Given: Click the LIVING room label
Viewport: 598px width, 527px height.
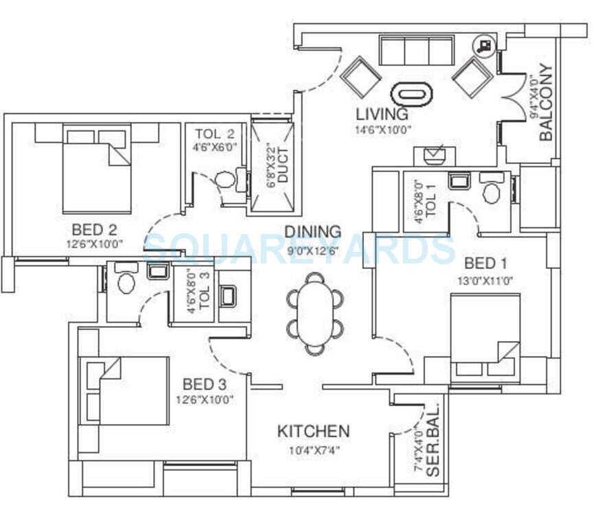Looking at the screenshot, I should click(x=382, y=114).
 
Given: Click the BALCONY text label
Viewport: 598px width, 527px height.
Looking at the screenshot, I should click(x=546, y=102).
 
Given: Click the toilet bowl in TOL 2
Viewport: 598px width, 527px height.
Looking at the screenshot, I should click(x=225, y=180).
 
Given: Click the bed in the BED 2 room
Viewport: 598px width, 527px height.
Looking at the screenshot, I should click(x=96, y=169).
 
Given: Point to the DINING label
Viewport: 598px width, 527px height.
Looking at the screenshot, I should click(x=312, y=232).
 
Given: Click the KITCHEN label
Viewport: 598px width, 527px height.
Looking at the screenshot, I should click(x=313, y=432).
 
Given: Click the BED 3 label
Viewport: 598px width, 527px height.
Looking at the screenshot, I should click(x=205, y=384).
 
